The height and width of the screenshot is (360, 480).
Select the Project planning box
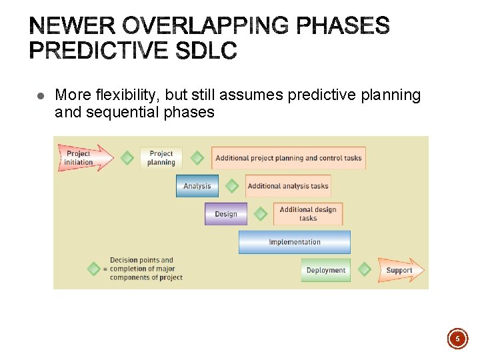(x=161, y=158)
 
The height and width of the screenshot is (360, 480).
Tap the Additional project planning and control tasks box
(x=288, y=158)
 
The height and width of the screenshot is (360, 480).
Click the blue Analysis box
(x=197, y=186)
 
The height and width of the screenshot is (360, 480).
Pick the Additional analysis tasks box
(x=287, y=186)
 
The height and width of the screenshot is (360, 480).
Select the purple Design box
(x=225, y=214)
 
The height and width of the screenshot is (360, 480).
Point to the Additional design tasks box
(x=307, y=214)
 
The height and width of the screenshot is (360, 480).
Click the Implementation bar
(x=294, y=242)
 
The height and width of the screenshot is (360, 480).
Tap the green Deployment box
(x=325, y=270)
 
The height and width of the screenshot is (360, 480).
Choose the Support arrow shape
(x=400, y=270)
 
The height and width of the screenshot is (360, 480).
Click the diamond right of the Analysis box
(x=231, y=186)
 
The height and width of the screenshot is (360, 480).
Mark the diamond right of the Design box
(x=261, y=214)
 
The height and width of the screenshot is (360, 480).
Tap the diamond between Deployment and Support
(x=364, y=269)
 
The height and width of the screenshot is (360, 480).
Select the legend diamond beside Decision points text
(x=94, y=269)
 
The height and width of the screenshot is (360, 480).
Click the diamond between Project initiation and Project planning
(x=127, y=158)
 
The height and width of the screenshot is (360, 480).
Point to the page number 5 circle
(x=457, y=339)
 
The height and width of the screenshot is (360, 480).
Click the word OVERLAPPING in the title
(x=197, y=27)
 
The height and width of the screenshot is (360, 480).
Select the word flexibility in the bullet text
(x=123, y=95)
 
